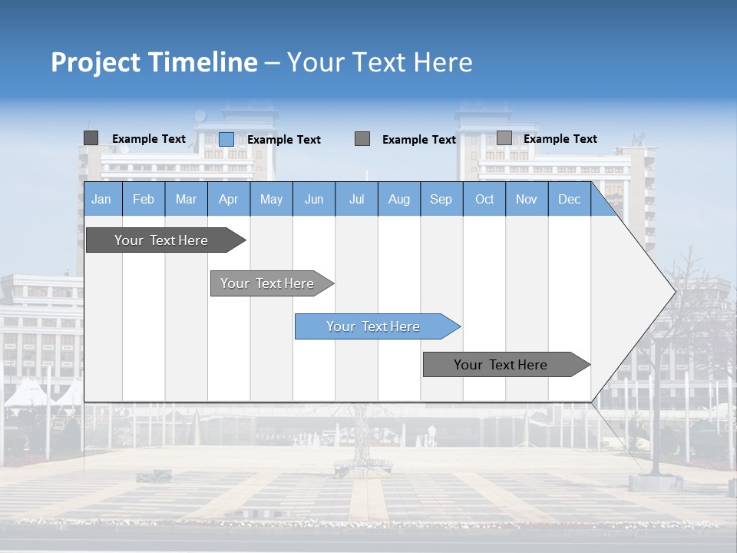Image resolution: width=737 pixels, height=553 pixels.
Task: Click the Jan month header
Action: tap(101, 199)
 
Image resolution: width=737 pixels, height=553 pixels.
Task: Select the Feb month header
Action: tap(144, 199)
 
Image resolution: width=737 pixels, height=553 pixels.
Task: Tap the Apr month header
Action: tap(228, 199)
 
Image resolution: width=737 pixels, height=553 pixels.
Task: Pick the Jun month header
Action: tap(314, 199)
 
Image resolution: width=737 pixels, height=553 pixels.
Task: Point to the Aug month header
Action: tap(399, 199)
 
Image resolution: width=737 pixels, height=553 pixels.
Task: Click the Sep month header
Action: tap(441, 199)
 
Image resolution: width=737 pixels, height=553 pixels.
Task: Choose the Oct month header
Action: tap(484, 199)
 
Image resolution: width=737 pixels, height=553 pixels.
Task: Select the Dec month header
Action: tap(569, 199)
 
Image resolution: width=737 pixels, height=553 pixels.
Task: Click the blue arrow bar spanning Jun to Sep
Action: tap(374, 326)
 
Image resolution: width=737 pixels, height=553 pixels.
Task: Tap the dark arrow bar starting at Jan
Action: tap(162, 240)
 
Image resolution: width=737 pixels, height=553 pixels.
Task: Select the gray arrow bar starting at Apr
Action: tap(268, 283)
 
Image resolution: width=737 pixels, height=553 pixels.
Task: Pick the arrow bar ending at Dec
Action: tap(501, 365)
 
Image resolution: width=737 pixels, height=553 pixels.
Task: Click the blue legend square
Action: tap(226, 139)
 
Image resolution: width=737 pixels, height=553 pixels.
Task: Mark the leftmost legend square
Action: tap(91, 138)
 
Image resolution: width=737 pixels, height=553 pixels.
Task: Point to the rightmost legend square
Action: tap(504, 138)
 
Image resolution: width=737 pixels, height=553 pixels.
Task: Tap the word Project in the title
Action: tap(95, 62)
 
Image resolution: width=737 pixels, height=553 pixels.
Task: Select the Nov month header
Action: tap(527, 199)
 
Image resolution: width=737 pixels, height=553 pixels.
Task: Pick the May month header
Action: tap(271, 199)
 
